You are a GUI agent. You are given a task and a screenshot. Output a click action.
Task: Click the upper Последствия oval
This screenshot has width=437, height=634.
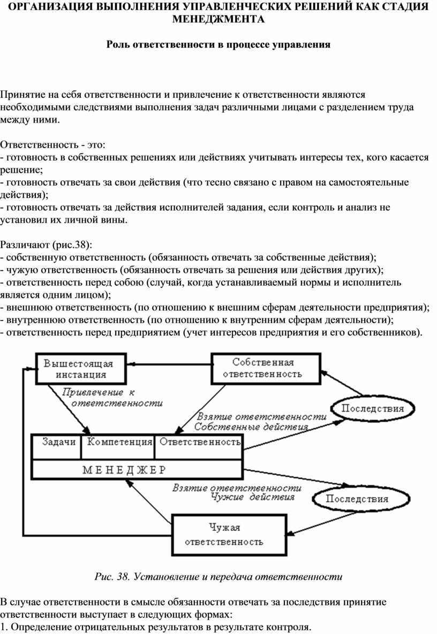pyautogui.click(x=373, y=408)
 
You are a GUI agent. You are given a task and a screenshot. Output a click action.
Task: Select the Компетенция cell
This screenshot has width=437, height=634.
pyautogui.click(x=119, y=442)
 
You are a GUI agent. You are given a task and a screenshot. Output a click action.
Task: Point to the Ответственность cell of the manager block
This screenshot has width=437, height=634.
pyautogui.click(x=200, y=442)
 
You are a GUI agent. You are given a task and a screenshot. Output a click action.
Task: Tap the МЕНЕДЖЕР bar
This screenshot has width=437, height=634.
pyautogui.click(x=124, y=470)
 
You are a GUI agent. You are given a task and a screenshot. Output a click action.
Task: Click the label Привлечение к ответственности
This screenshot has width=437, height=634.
pyautogui.click(x=112, y=397)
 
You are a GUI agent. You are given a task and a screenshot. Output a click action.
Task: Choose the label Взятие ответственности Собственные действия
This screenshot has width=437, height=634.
pyautogui.click(x=257, y=422)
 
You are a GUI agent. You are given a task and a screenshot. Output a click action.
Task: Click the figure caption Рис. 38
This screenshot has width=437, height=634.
pyautogui.click(x=218, y=577)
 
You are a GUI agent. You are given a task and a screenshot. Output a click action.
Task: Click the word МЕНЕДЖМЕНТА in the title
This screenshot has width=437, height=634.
pyautogui.click(x=218, y=19)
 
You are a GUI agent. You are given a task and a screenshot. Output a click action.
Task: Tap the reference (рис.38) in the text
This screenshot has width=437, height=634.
pyautogui.click(x=72, y=245)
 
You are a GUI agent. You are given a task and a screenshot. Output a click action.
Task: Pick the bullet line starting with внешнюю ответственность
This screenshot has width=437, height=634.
pyautogui.click(x=214, y=308)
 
